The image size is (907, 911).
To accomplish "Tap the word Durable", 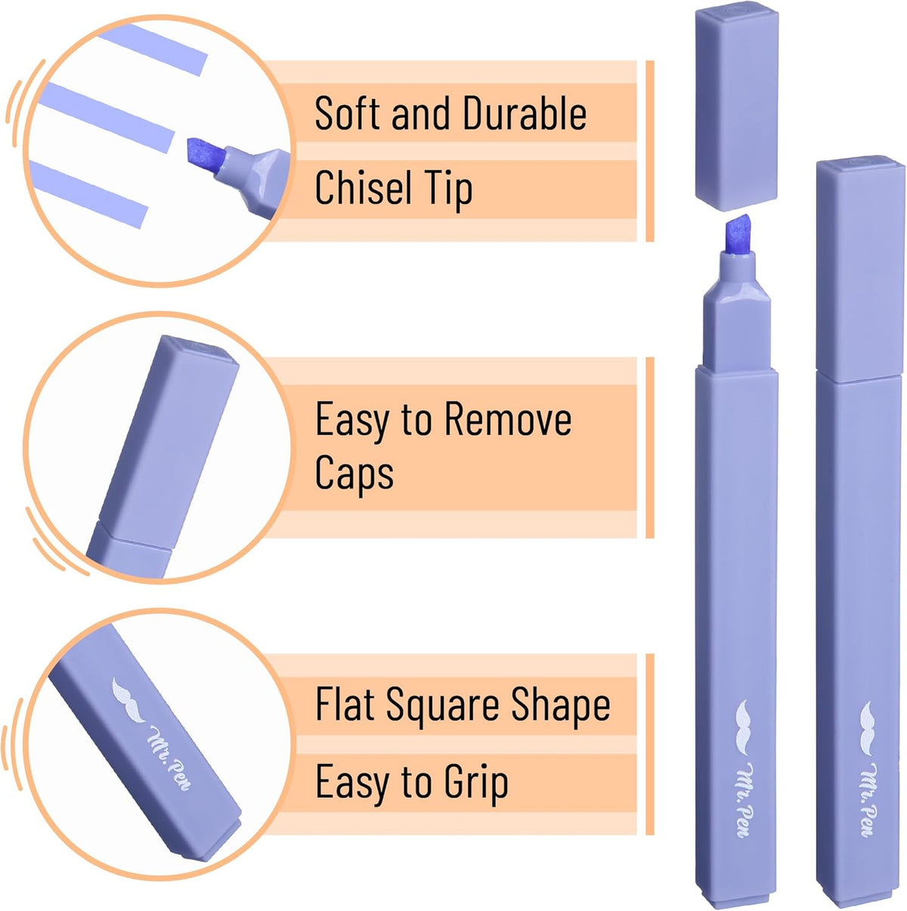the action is pyautogui.click(x=525, y=113).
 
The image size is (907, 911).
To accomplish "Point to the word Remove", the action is pyautogui.click(x=508, y=418).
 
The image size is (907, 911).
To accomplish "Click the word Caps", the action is pyautogui.click(x=354, y=474).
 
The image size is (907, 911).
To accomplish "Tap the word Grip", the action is pyautogui.click(x=476, y=783).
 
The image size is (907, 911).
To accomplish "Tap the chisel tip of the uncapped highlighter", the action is pyautogui.click(x=738, y=234).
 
